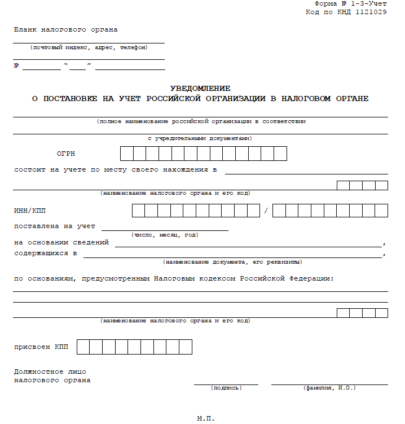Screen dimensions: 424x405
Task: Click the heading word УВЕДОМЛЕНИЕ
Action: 200,88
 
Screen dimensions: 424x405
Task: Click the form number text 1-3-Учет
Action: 369,4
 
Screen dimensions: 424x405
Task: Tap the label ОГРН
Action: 65,154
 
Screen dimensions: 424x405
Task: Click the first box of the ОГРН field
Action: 126,154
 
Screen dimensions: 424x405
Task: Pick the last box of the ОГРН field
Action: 280,154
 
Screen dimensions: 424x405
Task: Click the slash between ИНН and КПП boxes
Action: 265,211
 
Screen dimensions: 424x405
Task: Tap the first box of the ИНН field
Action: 138,211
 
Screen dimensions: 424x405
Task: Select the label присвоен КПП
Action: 41,347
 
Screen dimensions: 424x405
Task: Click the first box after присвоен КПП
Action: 83,347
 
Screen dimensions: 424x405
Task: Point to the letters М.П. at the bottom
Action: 206,418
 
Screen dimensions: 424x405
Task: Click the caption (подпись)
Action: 226,388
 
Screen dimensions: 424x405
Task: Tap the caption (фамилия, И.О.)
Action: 329,388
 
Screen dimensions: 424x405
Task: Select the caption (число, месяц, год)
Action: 165,234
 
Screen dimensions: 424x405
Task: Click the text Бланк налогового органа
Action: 66,29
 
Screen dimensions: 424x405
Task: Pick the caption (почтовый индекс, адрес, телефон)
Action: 89,47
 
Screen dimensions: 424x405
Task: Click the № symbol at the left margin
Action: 17,66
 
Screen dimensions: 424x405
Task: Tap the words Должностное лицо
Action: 50,371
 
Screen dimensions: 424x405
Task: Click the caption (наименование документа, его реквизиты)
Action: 232,262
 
